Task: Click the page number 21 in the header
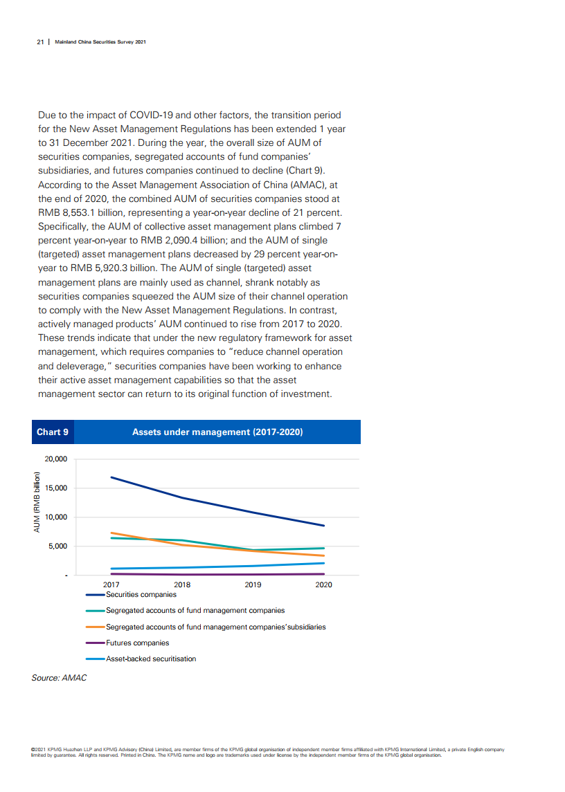pos(40,42)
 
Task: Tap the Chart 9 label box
pos(53,432)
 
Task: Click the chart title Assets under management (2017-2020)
pos(217,432)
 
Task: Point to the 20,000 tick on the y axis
pos(55,459)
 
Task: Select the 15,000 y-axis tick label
pos(55,488)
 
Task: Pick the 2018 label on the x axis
pos(182,584)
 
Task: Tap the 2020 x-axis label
pos(323,584)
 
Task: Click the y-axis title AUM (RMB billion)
pos(36,503)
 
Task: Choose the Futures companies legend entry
pos(137,643)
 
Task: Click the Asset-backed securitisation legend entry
pos(150,659)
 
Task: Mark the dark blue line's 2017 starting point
pos(111,477)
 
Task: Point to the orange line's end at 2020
pos(324,555)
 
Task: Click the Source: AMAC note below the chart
pos(60,678)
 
